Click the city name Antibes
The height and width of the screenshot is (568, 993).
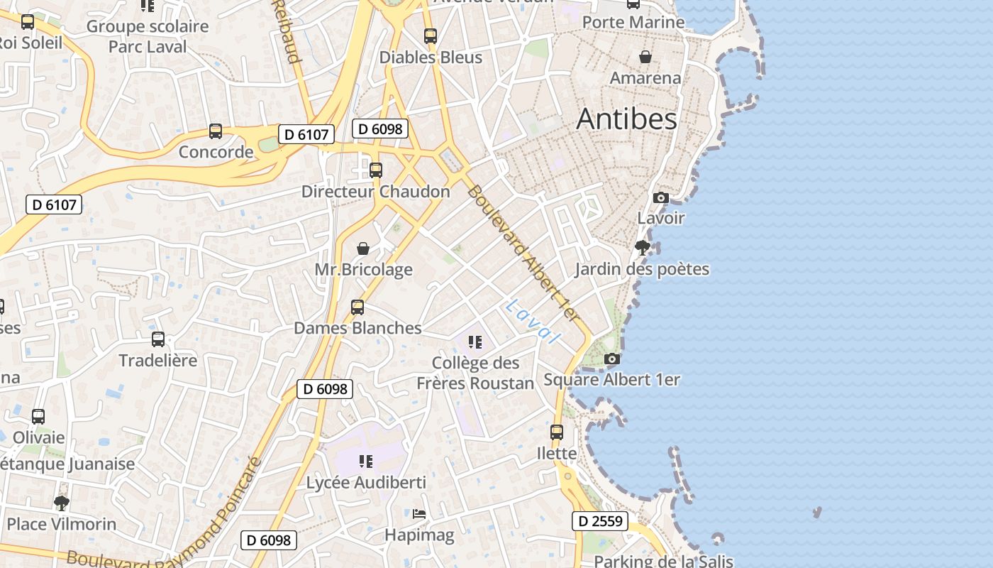(x=626, y=119)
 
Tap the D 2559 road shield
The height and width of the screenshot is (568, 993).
(x=600, y=521)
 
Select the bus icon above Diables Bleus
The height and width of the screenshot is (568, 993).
(x=431, y=36)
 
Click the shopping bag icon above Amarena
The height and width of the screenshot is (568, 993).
(x=645, y=57)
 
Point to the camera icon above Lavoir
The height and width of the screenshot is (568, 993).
(x=661, y=197)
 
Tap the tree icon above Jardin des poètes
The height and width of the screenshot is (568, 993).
(x=643, y=248)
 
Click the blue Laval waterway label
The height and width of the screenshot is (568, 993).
(x=533, y=322)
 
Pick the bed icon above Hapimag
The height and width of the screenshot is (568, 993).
(x=419, y=513)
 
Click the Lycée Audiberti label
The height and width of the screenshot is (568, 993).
(x=366, y=483)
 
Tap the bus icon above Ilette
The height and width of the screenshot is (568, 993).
(x=557, y=432)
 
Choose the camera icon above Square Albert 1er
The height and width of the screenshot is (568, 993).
(x=611, y=359)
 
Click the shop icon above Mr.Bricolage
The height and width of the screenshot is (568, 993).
(x=363, y=248)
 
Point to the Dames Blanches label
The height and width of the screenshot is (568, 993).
(x=357, y=328)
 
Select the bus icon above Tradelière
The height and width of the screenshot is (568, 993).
(x=158, y=339)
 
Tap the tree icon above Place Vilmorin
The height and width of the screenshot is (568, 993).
(x=62, y=503)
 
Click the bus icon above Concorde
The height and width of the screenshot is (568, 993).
(x=216, y=131)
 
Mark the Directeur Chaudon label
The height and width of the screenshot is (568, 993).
(x=376, y=192)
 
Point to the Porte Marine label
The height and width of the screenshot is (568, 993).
(x=633, y=22)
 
